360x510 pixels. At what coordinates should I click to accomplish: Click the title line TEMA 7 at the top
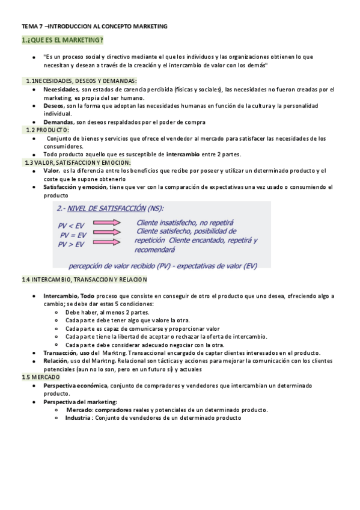(x=94, y=26)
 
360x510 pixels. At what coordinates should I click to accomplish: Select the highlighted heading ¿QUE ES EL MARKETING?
(x=62, y=40)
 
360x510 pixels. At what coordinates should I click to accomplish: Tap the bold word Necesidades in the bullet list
(x=61, y=90)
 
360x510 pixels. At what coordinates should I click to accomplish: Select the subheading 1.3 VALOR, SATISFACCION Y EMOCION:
(x=78, y=162)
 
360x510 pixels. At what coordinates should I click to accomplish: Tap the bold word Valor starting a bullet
(x=51, y=171)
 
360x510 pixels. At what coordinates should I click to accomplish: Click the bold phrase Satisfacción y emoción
(x=74, y=187)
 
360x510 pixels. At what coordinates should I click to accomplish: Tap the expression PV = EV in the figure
(x=72, y=235)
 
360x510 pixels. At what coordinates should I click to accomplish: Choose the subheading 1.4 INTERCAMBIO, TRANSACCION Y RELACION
(x=84, y=280)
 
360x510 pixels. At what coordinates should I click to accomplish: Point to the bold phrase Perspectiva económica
(x=74, y=385)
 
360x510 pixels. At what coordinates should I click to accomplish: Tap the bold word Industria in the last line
(x=79, y=418)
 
